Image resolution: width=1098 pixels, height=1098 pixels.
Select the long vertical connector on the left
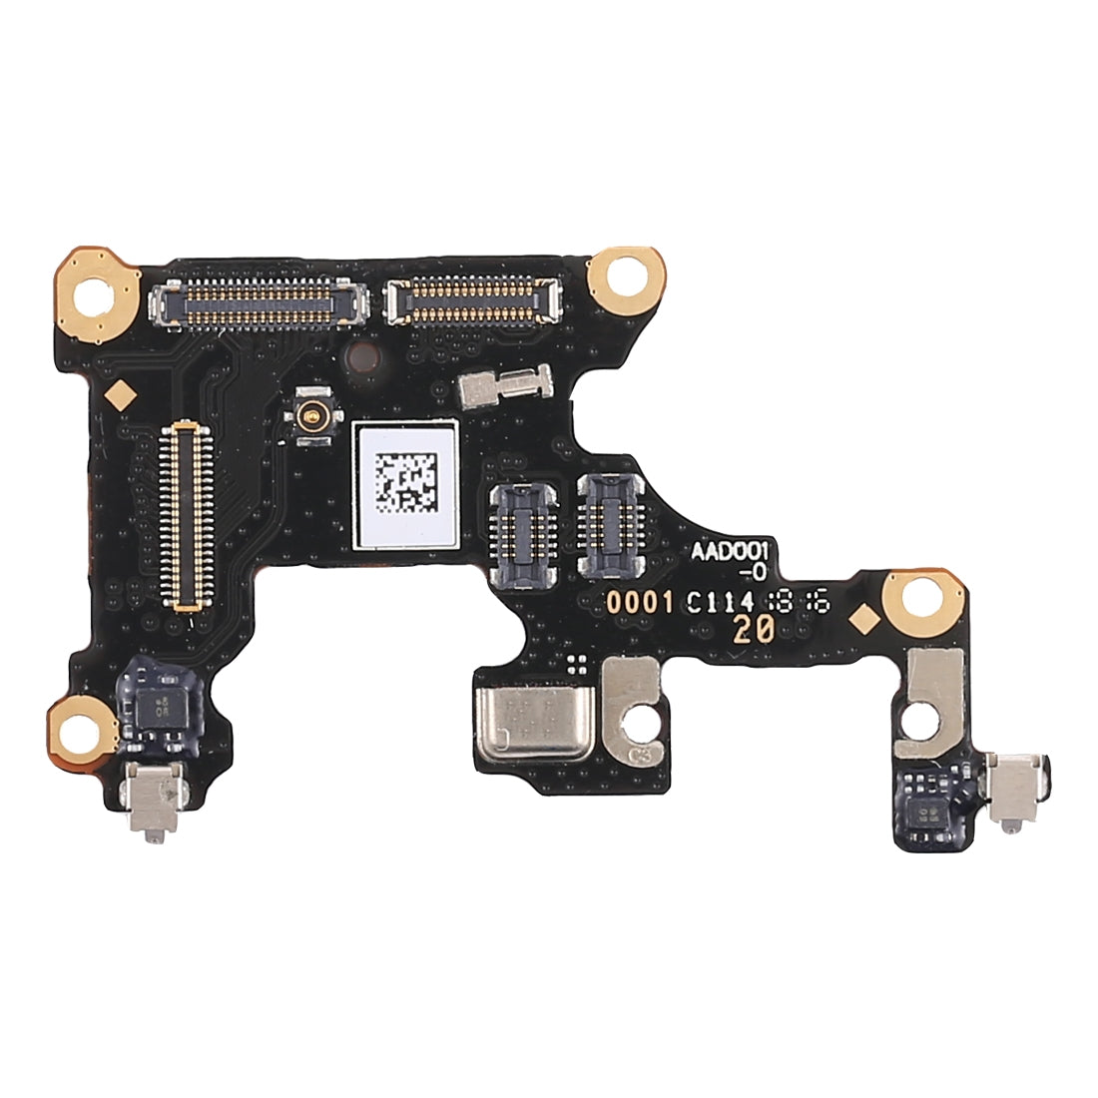(x=188, y=515)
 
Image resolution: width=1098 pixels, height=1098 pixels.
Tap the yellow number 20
(x=750, y=629)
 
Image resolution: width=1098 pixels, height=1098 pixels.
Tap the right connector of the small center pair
(x=608, y=526)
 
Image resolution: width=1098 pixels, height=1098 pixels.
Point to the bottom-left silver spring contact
(x=144, y=799)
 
